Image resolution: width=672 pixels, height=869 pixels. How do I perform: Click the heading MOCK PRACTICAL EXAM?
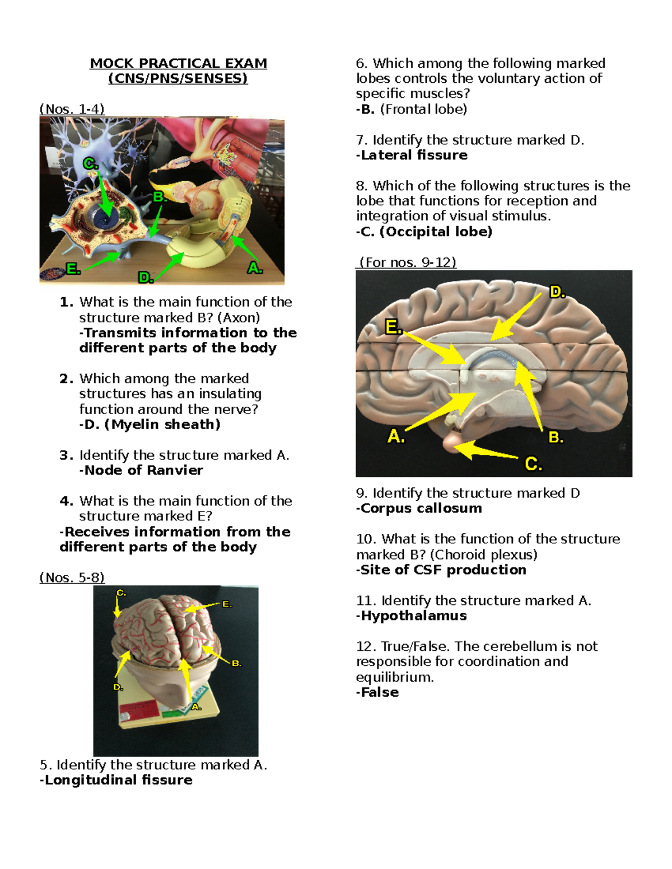coord(178,63)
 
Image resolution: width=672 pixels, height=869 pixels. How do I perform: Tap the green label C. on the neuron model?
coord(90,163)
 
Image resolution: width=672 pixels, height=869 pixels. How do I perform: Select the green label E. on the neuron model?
coord(72,269)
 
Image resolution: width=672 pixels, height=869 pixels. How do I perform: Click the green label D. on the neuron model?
coord(145,278)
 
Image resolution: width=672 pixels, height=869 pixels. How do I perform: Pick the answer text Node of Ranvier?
coord(143,471)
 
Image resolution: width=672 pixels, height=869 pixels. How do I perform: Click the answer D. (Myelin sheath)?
coord(150,425)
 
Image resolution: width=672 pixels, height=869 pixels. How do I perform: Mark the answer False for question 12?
coord(379,693)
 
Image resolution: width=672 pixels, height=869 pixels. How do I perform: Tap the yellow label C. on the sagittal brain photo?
coord(533,464)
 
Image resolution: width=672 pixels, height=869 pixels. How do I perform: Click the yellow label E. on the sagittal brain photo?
coord(393,327)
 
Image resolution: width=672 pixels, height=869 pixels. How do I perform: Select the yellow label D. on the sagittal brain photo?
coord(557,292)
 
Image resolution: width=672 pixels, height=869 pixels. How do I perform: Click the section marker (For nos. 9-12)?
coord(407,262)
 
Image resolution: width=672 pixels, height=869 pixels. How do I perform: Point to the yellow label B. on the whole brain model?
coord(236,663)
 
